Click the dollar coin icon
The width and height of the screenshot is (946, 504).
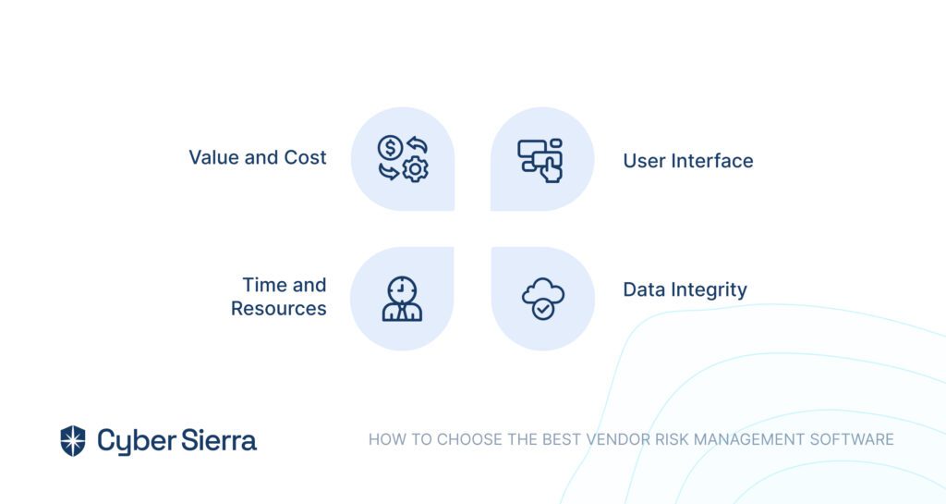390,148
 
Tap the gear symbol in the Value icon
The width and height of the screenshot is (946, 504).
415,169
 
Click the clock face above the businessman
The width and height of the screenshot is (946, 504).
402,289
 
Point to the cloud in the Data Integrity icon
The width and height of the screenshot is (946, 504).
543,291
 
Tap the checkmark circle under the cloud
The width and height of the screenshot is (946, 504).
543,310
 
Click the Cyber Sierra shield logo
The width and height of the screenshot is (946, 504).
73,440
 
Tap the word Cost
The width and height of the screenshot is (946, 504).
305,157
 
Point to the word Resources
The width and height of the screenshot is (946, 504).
279,309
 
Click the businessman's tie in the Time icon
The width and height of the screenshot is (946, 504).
402,312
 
